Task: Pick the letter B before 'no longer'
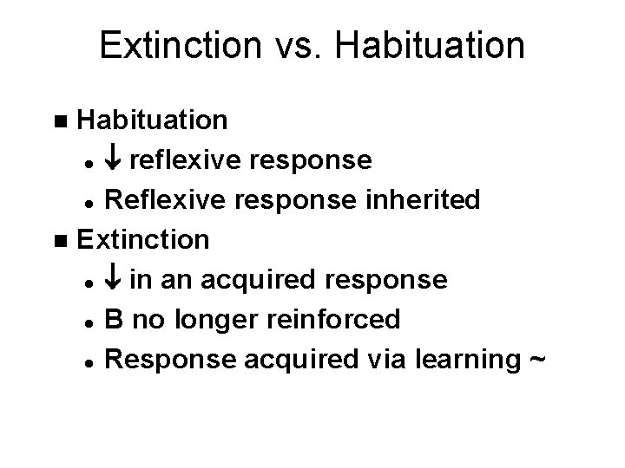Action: pyautogui.click(x=113, y=320)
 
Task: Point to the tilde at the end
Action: pyautogui.click(x=536, y=360)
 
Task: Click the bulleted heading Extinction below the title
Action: pyautogui.click(x=142, y=239)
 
